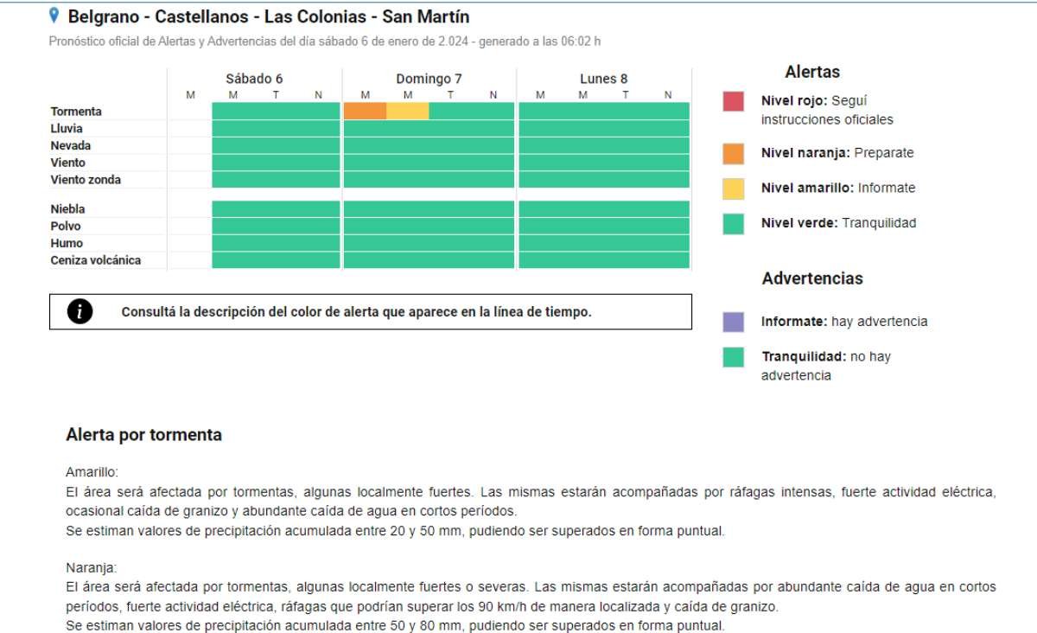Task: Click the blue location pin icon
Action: point(54,16)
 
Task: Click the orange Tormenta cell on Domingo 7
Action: point(365,111)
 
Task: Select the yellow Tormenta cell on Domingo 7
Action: point(407,111)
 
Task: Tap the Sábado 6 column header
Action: point(254,79)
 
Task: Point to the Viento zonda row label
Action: point(86,180)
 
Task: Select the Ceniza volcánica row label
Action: point(95,260)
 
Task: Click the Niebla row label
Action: point(67,208)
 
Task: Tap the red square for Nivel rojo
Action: point(733,101)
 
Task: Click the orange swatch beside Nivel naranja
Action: point(733,154)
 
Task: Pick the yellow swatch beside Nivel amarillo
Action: point(733,189)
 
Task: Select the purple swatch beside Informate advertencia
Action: point(733,322)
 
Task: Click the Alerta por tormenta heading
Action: point(143,435)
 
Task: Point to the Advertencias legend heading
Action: point(811,278)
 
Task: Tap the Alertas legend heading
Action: point(811,73)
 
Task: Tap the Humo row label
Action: point(66,243)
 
